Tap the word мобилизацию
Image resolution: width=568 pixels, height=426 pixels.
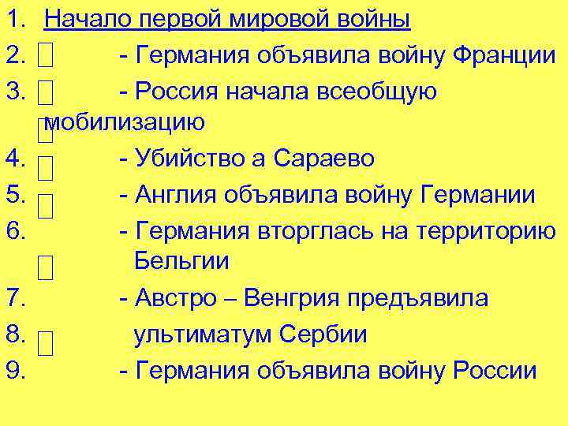tap(125, 122)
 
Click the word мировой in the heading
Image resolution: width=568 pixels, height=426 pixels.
tap(280, 19)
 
